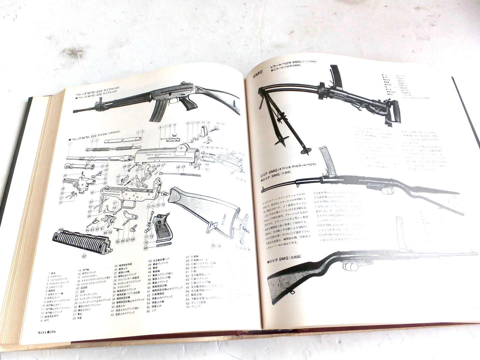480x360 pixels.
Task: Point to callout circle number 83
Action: click(84, 256)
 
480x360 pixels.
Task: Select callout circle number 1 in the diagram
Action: click(70, 144)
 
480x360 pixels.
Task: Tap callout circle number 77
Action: click(213, 246)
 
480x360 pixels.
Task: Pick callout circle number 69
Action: click(145, 248)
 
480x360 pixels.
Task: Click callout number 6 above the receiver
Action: click(160, 127)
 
